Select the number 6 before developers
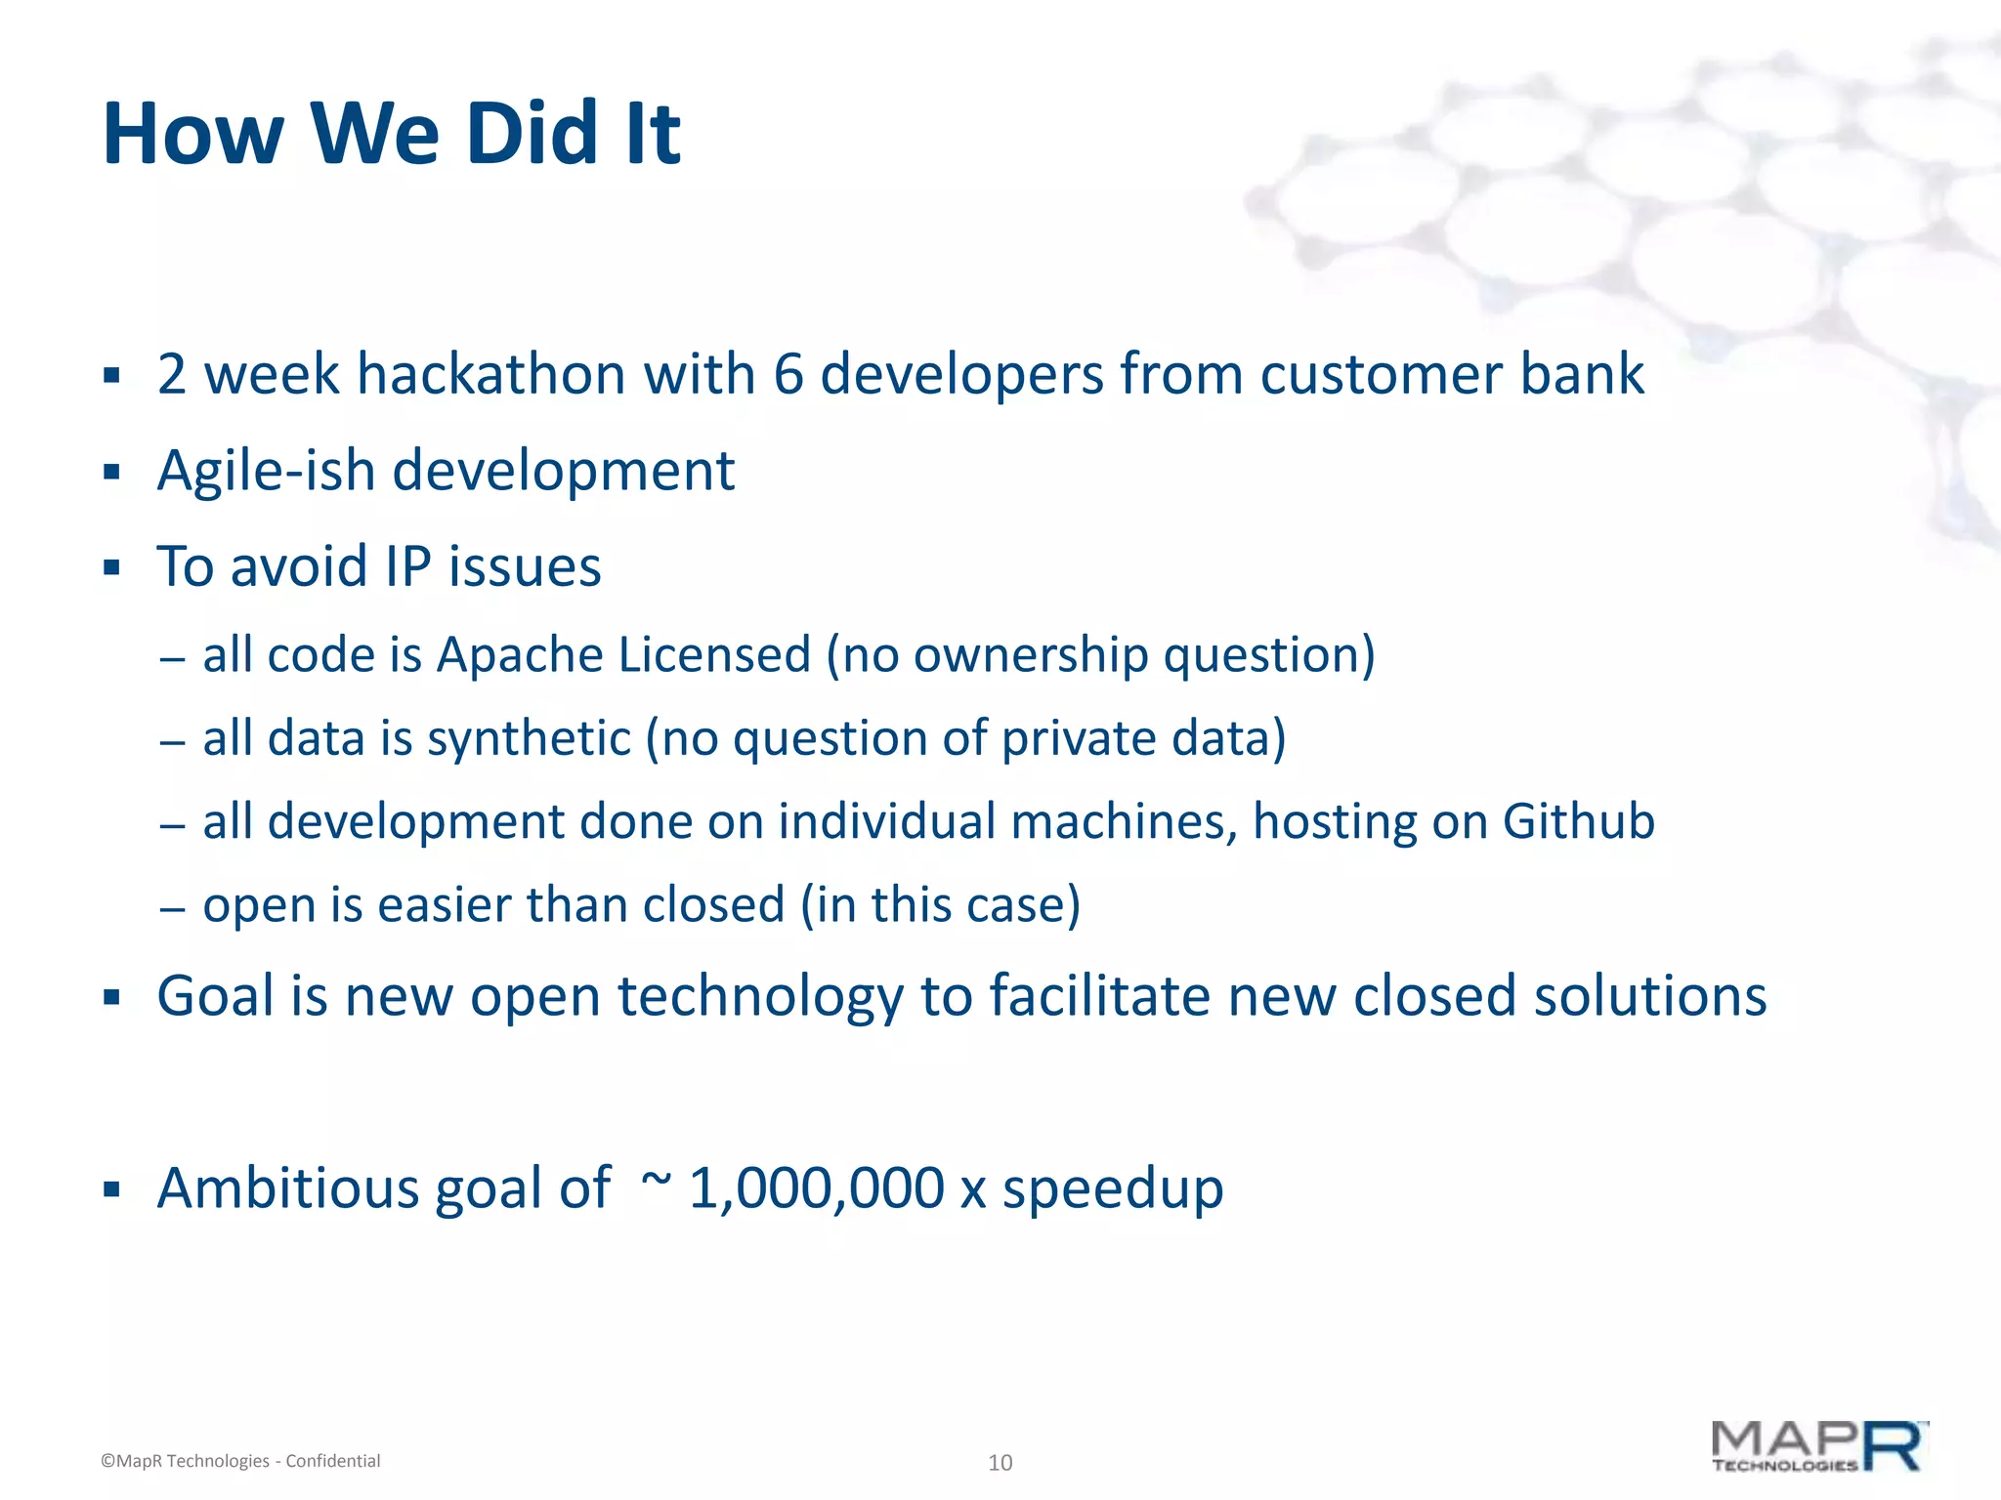pos(788,375)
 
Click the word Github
pos(1578,821)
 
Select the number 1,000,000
pos(816,1188)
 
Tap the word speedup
pos(1112,1190)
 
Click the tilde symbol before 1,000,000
pos(657,1180)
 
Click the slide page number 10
pos(1000,1462)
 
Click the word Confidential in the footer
pos(332,1461)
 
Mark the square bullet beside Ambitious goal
pos(111,1190)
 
